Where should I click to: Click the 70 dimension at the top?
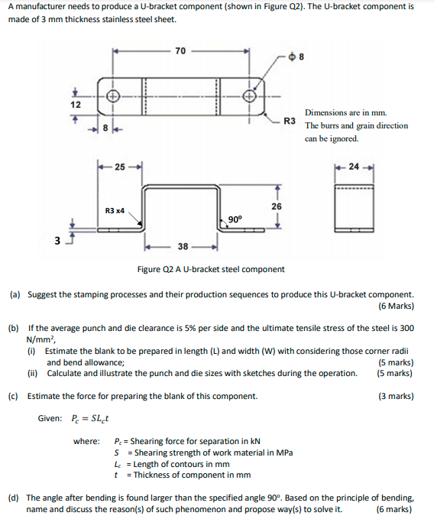point(180,51)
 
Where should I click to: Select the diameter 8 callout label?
point(298,56)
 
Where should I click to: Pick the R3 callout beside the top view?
point(290,121)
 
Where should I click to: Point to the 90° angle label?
point(235,219)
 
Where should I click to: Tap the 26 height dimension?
point(276,206)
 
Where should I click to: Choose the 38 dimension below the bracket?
point(183,247)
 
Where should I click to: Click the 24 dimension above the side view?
point(353,167)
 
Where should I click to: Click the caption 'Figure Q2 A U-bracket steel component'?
point(210,269)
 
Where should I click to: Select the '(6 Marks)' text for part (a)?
point(396,306)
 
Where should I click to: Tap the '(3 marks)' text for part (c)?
point(396,396)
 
